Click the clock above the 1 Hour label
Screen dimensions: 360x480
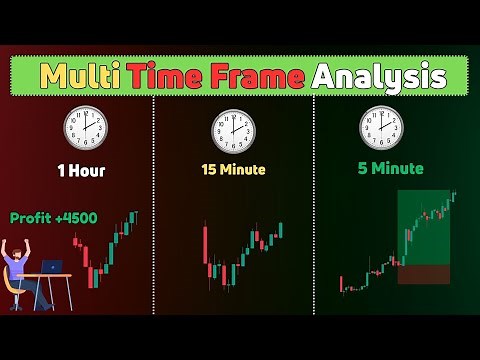point(85,129)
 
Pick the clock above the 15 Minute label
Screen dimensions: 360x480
point(233,129)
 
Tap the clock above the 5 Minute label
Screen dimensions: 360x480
point(381,129)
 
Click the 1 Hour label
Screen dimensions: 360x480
point(81,170)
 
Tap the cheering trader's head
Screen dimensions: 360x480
point(22,254)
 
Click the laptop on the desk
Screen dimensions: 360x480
point(51,267)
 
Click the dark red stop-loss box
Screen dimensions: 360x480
point(423,273)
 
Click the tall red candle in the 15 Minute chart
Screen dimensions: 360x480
point(205,251)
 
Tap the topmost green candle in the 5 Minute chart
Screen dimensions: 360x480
point(455,196)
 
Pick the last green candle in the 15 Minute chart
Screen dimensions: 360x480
point(280,230)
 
